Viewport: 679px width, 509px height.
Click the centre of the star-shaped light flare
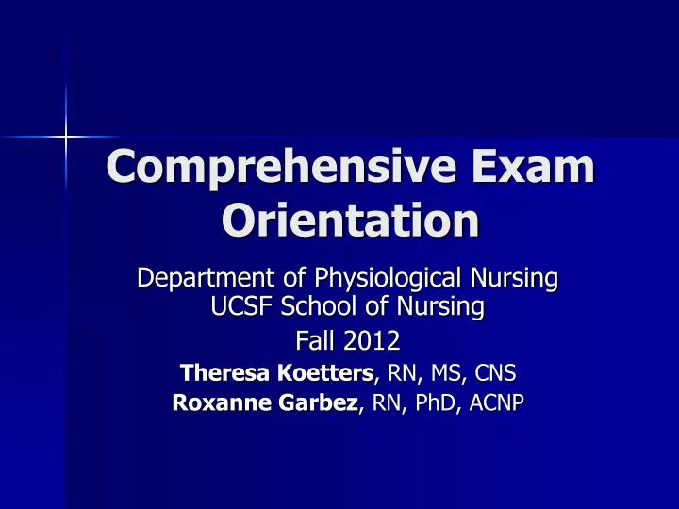point(66,138)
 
